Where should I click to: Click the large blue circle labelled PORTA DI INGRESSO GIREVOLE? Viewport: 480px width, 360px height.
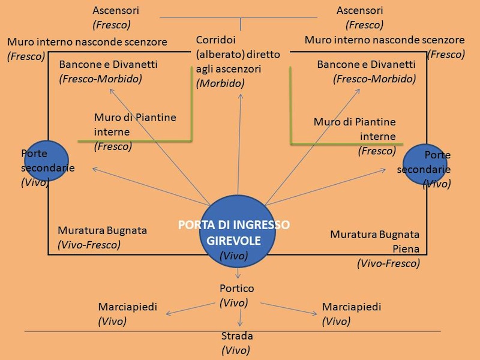point(238,230)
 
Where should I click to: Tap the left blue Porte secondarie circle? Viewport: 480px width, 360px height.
point(45,161)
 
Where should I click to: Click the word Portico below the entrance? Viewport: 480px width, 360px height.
point(237,288)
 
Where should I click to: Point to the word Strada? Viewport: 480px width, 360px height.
point(237,335)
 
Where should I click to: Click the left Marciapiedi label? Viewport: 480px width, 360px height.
point(127,307)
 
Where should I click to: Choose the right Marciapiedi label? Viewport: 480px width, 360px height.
point(352,307)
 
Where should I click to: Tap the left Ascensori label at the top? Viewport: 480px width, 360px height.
point(116,10)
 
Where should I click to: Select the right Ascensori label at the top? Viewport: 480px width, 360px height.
point(360,10)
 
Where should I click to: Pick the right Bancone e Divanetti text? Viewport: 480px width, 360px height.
point(366,64)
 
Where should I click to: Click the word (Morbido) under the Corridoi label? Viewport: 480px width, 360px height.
point(220,83)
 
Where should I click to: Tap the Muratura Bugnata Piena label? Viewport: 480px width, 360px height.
point(375,241)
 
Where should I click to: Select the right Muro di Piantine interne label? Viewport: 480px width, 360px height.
point(355,129)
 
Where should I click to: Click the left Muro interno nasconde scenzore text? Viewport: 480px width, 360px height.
point(87,42)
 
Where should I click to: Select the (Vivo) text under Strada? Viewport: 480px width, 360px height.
point(236,350)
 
